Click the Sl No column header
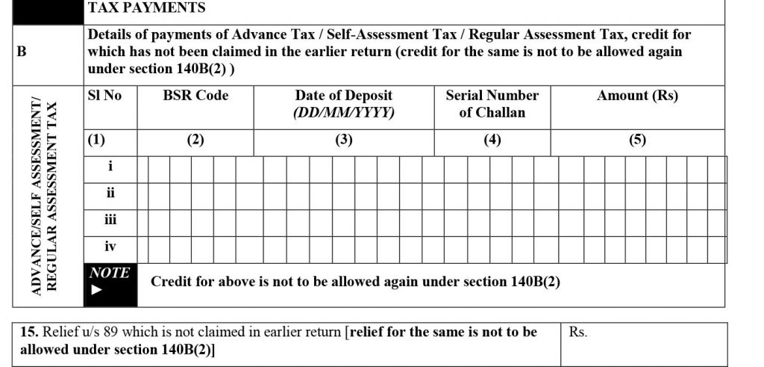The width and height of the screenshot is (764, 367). point(104,96)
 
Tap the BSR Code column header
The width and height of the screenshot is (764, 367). point(195,96)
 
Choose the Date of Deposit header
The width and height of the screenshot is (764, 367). point(343,96)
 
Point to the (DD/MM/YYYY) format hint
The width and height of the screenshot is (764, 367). point(343,113)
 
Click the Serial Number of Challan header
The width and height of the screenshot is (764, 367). point(492,104)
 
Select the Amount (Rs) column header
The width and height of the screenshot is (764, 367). point(637,96)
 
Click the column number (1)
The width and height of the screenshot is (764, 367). point(97,141)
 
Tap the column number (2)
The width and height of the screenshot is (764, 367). point(195,141)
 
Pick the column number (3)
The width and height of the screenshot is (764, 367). point(343,141)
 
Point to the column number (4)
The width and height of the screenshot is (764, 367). point(492,141)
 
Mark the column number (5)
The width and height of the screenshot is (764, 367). point(637,141)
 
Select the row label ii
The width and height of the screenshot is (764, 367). point(110,193)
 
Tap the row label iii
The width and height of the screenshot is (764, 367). point(110,220)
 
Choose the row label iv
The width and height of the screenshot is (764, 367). point(110,247)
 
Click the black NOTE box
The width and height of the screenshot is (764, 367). point(110,283)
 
